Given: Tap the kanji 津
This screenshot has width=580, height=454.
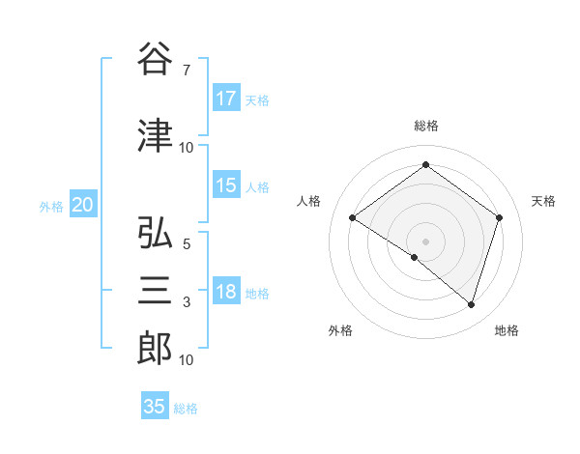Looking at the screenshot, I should click(x=156, y=135).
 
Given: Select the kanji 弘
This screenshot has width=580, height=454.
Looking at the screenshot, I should click(x=156, y=234).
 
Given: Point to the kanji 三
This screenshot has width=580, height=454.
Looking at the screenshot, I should click(x=156, y=290).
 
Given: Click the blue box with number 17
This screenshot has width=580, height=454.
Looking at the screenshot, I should click(x=226, y=99).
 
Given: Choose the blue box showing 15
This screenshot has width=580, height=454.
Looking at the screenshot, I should click(x=226, y=185).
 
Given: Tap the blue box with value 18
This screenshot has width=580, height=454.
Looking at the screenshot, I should click(x=226, y=292).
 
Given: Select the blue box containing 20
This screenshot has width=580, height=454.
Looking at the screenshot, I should click(x=83, y=204).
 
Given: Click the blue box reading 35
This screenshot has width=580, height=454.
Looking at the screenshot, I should click(x=155, y=407).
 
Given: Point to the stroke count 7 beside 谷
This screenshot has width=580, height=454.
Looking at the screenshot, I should click(x=186, y=70).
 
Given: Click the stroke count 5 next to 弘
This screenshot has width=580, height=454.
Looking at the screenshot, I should click(x=186, y=244).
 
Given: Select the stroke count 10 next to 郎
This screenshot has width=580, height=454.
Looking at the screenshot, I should click(x=187, y=360).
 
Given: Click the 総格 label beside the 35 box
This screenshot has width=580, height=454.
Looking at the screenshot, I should click(x=186, y=409).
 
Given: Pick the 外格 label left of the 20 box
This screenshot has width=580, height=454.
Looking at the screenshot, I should click(x=51, y=206).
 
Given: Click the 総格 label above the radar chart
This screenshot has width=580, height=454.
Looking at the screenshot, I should click(x=425, y=126).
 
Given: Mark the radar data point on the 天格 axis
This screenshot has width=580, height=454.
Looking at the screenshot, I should click(x=499, y=217).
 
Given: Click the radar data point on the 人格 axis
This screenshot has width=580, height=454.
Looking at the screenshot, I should click(x=352, y=217).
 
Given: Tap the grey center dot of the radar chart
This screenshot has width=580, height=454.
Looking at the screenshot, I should click(x=425, y=241).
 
